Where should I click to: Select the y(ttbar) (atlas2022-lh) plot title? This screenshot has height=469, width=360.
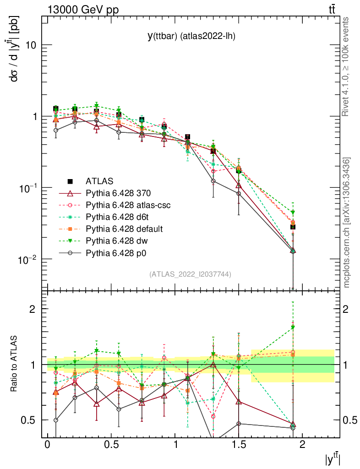pyautogui.click(x=191, y=37)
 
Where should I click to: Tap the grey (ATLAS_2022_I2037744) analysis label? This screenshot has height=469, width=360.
pyautogui.click(x=190, y=274)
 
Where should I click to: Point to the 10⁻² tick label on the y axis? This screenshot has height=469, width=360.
pyautogui.click(x=27, y=259)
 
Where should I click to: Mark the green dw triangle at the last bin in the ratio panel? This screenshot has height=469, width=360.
pyautogui.click(x=293, y=327)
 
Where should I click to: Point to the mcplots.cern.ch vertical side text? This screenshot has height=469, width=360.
pyautogui.click(x=347, y=223)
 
